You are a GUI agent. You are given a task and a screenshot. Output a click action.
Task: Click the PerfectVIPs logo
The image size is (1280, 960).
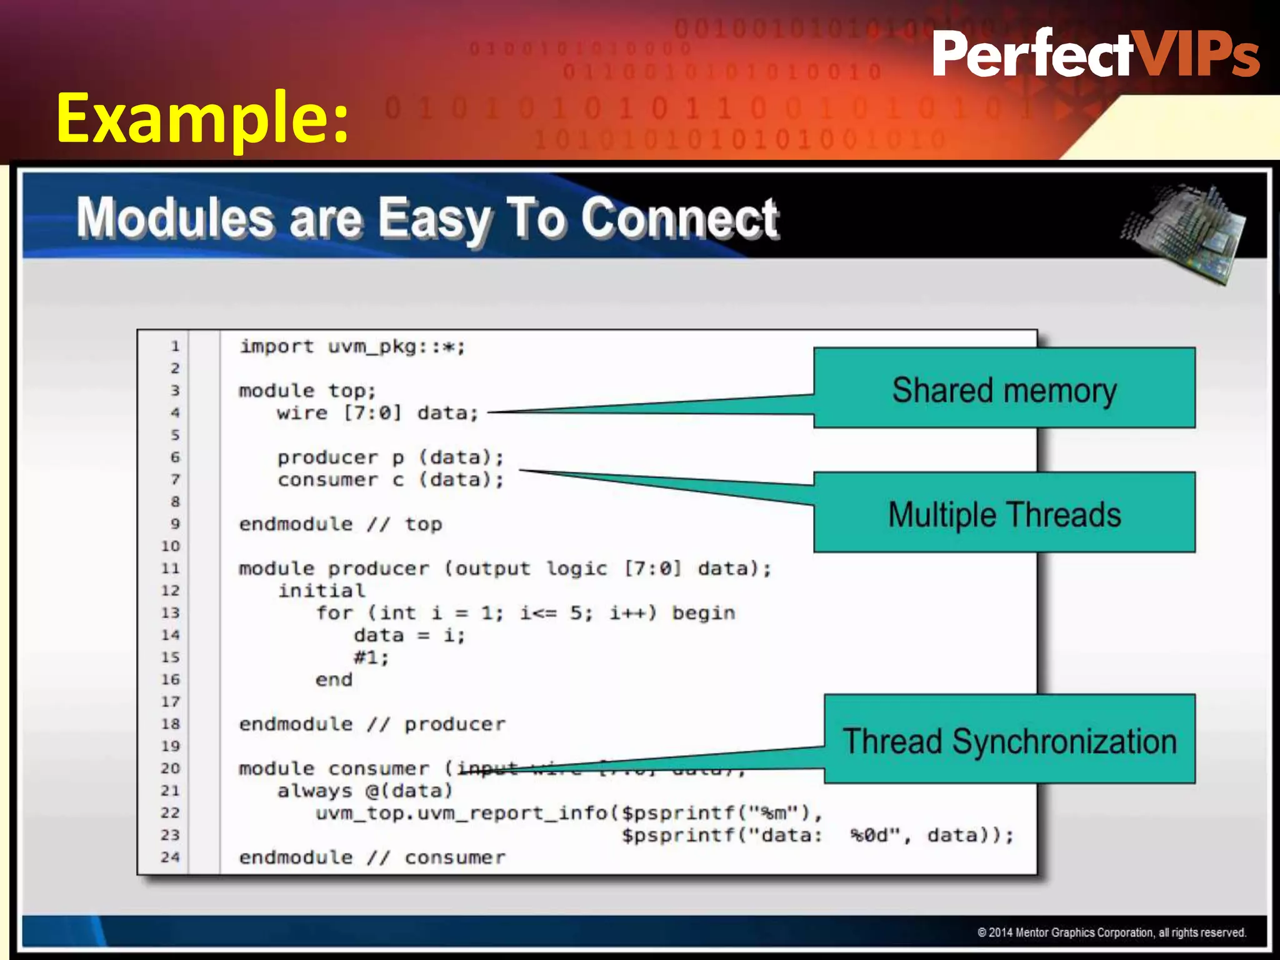pyautogui.click(x=1095, y=54)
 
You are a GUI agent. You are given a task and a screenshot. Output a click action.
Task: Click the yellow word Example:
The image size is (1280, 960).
pyautogui.click(x=202, y=117)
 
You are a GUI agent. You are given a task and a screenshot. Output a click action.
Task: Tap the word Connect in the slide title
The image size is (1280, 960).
pyautogui.click(x=679, y=219)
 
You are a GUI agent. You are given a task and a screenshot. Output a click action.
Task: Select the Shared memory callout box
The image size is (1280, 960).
pyautogui.click(x=1004, y=389)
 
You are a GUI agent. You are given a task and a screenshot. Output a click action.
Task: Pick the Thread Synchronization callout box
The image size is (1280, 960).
pyautogui.click(x=1009, y=740)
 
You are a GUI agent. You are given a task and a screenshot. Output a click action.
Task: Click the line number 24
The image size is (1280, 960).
pyautogui.click(x=170, y=857)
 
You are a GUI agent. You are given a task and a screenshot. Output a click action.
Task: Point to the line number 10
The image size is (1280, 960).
pyautogui.click(x=170, y=546)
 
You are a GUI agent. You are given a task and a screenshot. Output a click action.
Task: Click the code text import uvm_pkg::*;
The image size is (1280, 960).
pyautogui.click(x=352, y=346)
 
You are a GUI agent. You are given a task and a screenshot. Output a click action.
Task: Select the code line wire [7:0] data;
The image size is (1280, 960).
pyautogui.click(x=377, y=413)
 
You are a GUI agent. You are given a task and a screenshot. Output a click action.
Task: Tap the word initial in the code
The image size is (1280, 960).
pyautogui.click(x=321, y=591)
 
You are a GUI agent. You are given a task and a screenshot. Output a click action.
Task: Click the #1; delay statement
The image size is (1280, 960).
pyautogui.click(x=371, y=657)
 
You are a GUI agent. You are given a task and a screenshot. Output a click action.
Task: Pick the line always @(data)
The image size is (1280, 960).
pyautogui.click(x=365, y=791)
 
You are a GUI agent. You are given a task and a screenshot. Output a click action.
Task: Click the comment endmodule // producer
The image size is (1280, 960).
pyautogui.click(x=372, y=724)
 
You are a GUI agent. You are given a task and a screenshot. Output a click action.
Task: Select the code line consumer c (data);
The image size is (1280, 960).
pyautogui.click(x=390, y=480)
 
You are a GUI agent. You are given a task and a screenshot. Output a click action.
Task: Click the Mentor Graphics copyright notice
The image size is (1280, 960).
pyautogui.click(x=1111, y=932)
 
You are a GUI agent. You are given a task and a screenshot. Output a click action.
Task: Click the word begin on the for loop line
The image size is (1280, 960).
pyautogui.click(x=703, y=613)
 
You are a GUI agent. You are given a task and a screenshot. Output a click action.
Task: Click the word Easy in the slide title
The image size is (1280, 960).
pyautogui.click(x=435, y=219)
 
